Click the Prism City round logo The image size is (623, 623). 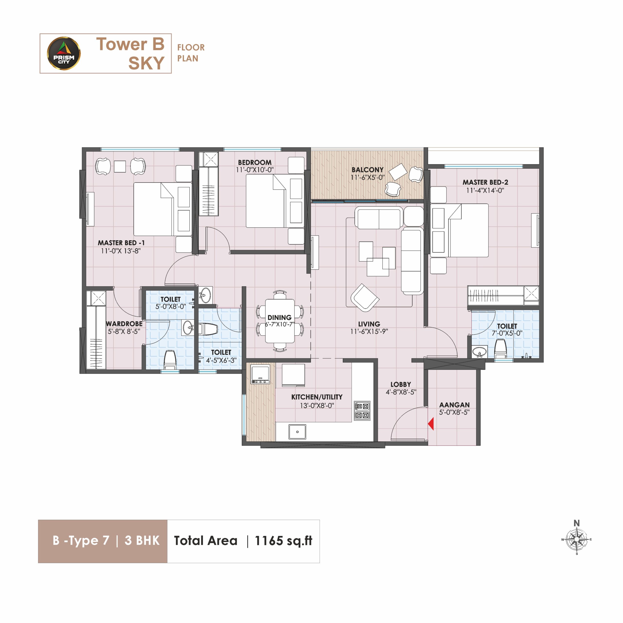point(64,54)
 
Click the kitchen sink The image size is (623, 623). point(297,432)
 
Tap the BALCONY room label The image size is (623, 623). point(368,170)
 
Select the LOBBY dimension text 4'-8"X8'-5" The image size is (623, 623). point(401,392)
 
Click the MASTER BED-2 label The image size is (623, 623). point(485,182)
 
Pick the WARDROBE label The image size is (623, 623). point(124,323)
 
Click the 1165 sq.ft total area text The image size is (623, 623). point(284,541)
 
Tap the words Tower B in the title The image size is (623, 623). point(130,44)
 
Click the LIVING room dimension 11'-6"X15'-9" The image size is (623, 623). point(369,331)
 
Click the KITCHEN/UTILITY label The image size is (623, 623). point(317,397)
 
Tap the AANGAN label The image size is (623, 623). point(454,405)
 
